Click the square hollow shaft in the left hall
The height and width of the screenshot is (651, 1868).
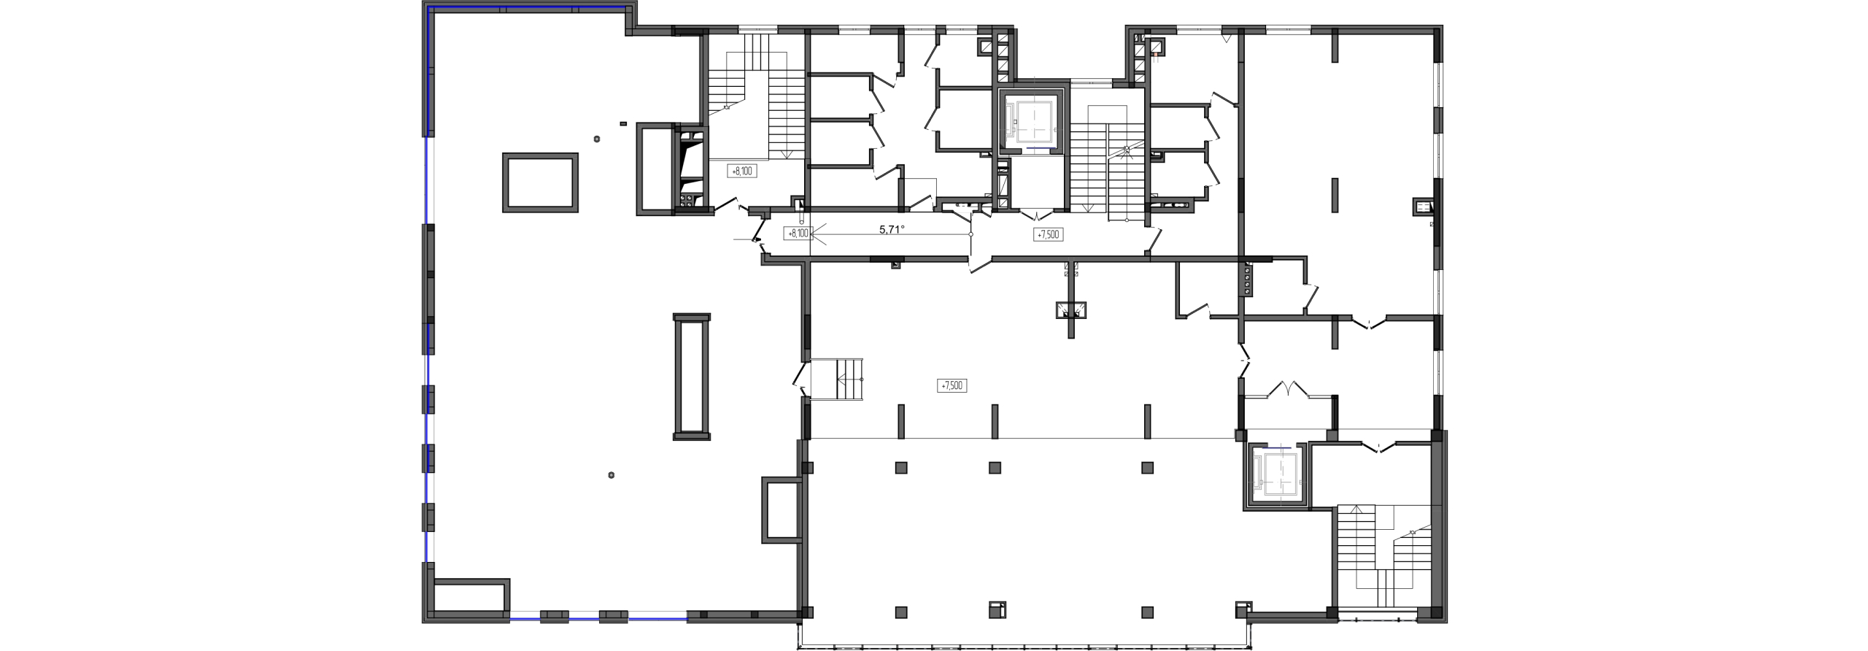point(540,155)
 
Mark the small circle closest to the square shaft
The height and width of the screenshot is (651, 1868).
point(597,139)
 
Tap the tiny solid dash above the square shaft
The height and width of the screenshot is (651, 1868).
point(622,123)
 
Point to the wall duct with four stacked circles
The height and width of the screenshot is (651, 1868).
point(1246,280)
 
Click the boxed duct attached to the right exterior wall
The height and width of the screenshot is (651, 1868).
point(1423,207)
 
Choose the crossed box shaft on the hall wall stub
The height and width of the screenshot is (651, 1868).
point(1071,310)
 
